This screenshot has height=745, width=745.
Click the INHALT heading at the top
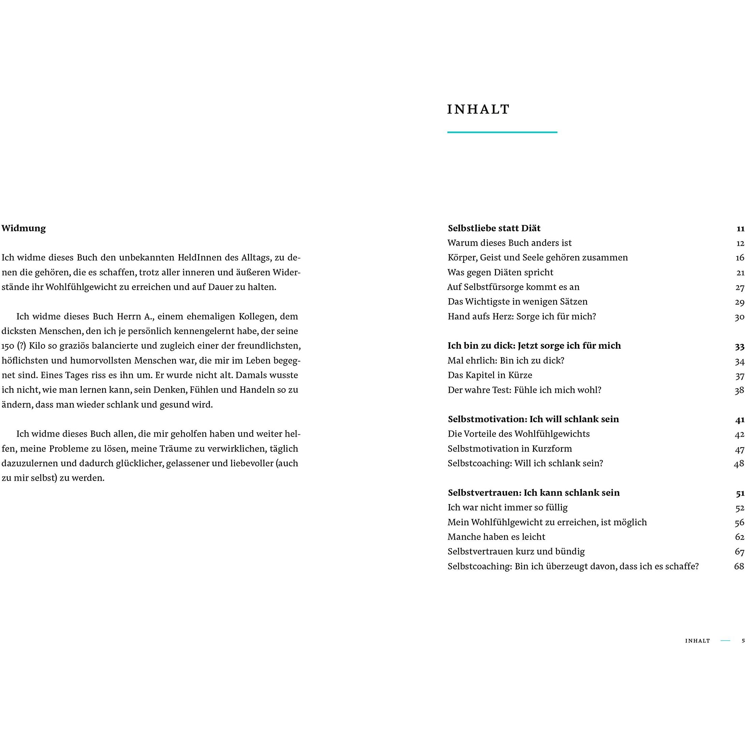(478, 110)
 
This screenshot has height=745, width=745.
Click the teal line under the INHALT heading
(502, 132)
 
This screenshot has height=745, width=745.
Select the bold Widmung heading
(24, 228)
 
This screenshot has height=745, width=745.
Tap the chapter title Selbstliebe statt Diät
(494, 228)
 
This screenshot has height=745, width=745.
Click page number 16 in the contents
(739, 257)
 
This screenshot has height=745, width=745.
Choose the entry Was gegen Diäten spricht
(500, 272)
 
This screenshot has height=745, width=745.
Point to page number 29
(739, 302)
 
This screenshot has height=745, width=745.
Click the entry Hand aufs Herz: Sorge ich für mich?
(522, 317)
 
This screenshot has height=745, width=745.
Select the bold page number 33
(739, 346)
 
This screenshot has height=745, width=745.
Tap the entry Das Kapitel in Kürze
(490, 375)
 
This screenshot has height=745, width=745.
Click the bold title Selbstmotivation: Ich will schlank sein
(533, 419)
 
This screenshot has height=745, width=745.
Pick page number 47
(739, 449)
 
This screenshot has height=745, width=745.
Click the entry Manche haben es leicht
(496, 537)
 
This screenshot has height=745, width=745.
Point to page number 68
(739, 566)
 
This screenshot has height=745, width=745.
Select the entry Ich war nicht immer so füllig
(507, 507)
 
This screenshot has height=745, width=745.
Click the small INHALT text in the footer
(697, 641)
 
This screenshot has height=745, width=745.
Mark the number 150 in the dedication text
(8, 346)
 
